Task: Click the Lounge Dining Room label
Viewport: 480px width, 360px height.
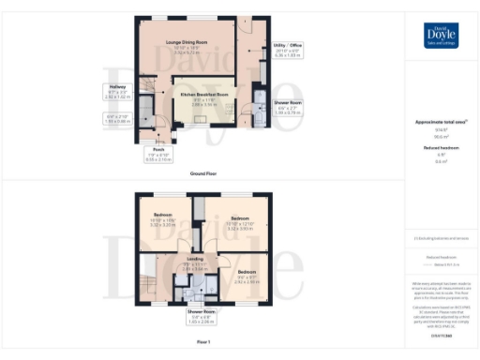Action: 186,40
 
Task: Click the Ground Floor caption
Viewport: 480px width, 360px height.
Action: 204,173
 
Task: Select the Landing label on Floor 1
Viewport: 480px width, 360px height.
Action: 195,259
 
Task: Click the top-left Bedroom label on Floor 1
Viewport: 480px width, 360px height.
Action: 163,216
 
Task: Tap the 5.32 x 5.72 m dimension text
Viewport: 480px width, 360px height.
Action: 186,52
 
